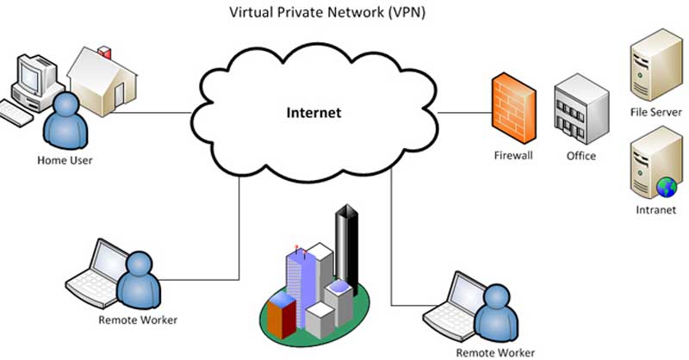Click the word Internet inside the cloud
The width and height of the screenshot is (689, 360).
(x=313, y=113)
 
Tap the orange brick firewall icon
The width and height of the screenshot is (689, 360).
(x=513, y=109)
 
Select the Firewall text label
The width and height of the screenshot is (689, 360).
(x=513, y=155)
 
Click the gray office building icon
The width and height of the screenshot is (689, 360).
(x=581, y=109)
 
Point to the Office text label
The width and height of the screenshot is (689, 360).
(x=580, y=156)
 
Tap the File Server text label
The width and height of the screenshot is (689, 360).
(x=655, y=112)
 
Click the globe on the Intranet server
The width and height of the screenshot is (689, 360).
(x=667, y=187)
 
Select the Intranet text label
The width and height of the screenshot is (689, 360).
(x=655, y=209)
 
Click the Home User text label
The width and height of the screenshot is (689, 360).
(x=65, y=160)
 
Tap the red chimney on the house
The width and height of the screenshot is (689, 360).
(x=104, y=52)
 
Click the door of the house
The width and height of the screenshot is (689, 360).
(x=119, y=95)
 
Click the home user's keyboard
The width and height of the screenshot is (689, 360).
(x=16, y=114)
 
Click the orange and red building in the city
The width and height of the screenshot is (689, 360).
(x=282, y=315)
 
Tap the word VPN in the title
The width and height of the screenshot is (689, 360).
(x=407, y=12)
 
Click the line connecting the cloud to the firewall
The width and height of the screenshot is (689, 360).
(x=464, y=113)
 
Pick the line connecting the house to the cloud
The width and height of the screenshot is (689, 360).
(x=152, y=113)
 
